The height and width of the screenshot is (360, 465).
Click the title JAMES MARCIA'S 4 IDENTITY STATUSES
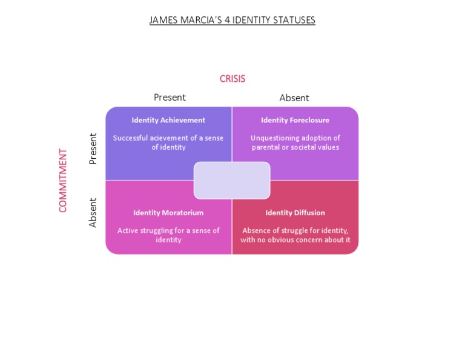[x=232, y=20]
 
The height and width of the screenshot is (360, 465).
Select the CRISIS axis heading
[x=232, y=79]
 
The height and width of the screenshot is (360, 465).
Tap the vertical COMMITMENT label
[x=63, y=180]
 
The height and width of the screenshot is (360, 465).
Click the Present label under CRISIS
[x=170, y=97]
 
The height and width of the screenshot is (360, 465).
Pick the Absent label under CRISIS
[x=294, y=98]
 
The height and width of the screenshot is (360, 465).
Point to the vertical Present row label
[x=93, y=148]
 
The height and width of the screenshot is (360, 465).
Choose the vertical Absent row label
[x=93, y=213]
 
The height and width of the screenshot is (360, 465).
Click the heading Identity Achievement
[x=168, y=120]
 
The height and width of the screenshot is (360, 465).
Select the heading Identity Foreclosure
[x=295, y=120]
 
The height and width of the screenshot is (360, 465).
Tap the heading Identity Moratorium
[x=168, y=213]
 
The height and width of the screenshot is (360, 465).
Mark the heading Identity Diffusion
[x=295, y=213]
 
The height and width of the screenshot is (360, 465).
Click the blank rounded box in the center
[x=232, y=180]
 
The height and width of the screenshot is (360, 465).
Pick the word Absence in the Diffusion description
[x=257, y=230]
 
